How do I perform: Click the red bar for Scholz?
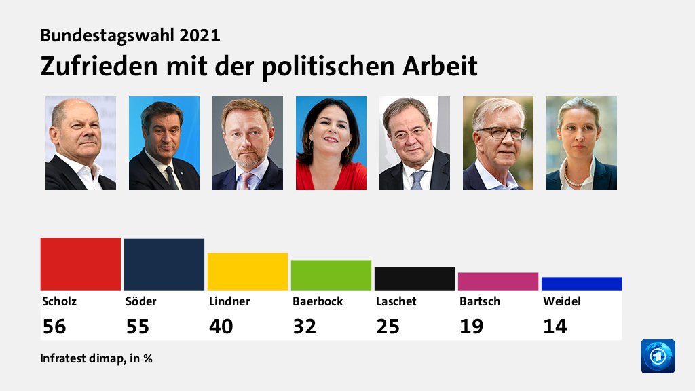(x=81, y=264)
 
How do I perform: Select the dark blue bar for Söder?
(x=164, y=264)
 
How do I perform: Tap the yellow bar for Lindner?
(x=248, y=272)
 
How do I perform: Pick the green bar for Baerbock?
(x=331, y=275)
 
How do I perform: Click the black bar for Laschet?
(x=415, y=278)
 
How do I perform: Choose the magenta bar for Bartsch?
(x=498, y=281)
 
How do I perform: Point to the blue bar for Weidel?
(x=582, y=284)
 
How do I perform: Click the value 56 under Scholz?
(x=54, y=327)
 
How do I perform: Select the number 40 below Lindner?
(x=221, y=327)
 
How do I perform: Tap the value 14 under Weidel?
(x=555, y=327)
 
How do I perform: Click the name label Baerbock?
(x=318, y=301)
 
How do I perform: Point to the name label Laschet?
(x=396, y=301)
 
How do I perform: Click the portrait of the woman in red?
(x=331, y=143)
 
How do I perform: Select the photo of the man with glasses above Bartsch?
(x=498, y=143)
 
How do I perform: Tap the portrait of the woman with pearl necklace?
(x=582, y=143)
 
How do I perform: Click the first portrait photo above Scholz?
(x=81, y=143)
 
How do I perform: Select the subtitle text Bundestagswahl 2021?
(x=130, y=35)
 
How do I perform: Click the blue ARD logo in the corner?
(x=658, y=356)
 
